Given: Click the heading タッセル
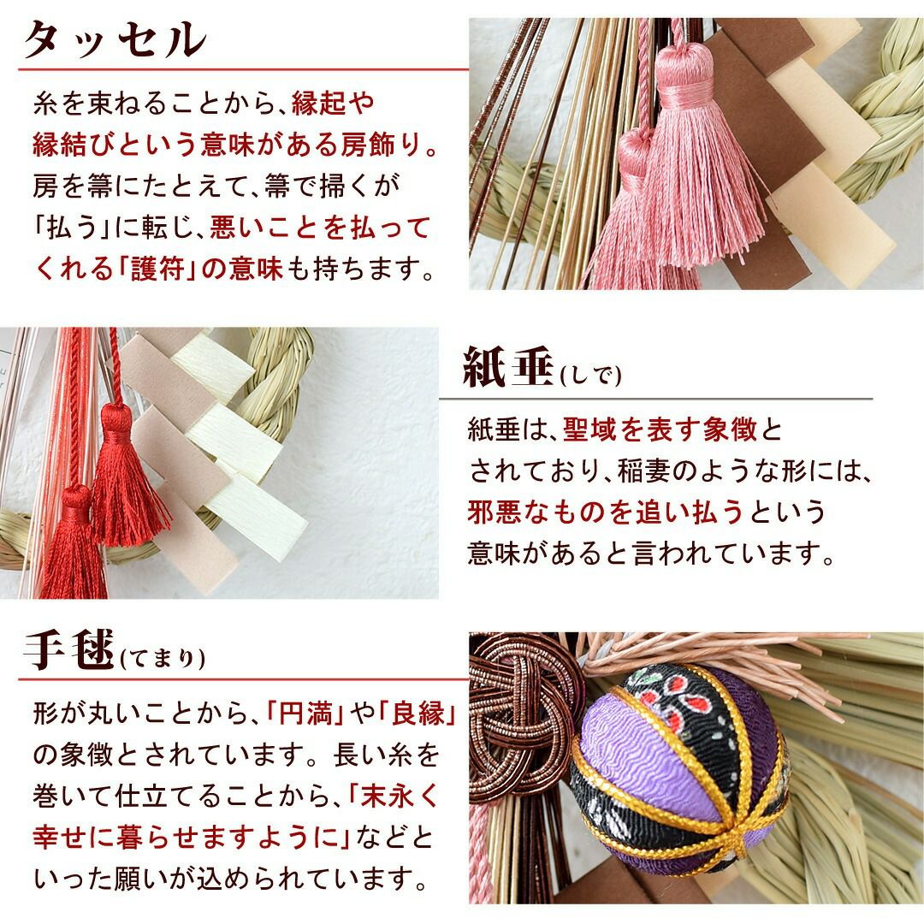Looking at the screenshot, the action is [x=115, y=40].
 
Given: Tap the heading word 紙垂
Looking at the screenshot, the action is [x=508, y=367].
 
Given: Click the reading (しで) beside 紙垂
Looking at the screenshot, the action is [x=590, y=375].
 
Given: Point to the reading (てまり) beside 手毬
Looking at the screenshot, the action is [x=163, y=658].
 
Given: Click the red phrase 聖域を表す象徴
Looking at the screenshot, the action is [x=660, y=429].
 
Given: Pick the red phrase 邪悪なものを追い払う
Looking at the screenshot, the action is [x=606, y=512].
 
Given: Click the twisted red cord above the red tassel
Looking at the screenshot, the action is [x=115, y=366].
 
